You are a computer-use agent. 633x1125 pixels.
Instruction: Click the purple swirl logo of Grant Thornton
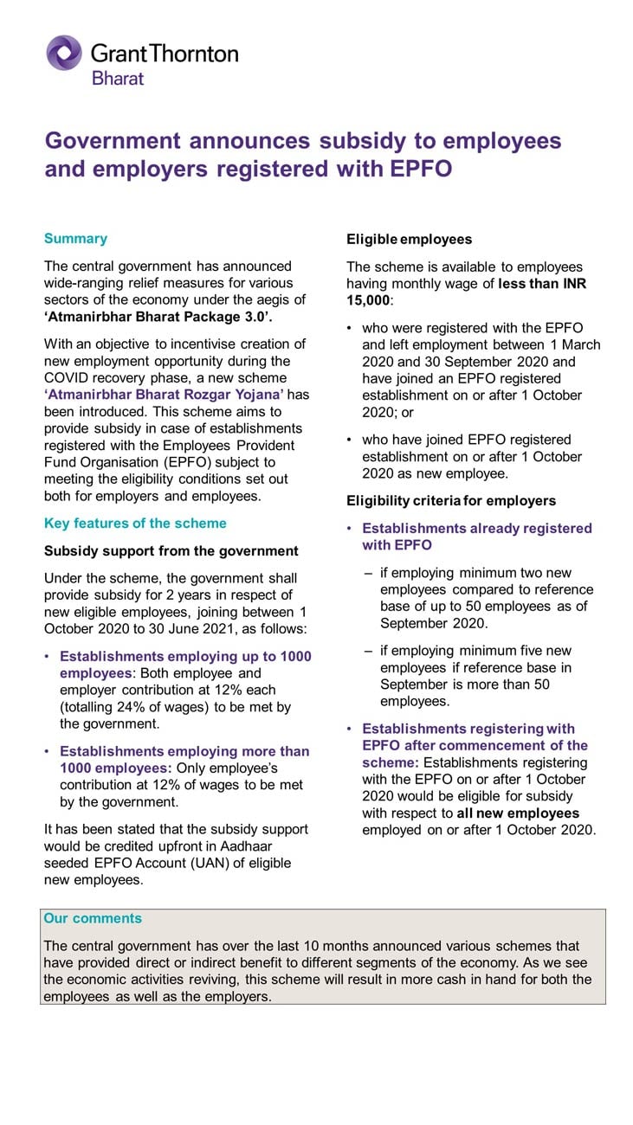coord(64,53)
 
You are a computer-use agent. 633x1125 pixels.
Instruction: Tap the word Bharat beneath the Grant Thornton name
coord(118,78)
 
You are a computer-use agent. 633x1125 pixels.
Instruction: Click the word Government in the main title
coord(113,141)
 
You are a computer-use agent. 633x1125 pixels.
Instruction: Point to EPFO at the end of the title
coord(421,169)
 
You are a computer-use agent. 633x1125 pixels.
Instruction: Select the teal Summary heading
coord(75,239)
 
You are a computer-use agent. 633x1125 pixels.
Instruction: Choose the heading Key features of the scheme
coord(135,524)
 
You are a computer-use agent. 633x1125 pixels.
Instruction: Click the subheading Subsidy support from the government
coord(171,551)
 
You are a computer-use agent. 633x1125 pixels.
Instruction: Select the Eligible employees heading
coord(409,239)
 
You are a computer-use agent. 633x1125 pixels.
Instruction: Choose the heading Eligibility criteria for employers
coord(451,501)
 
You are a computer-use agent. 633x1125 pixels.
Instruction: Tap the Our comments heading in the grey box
coord(93,919)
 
